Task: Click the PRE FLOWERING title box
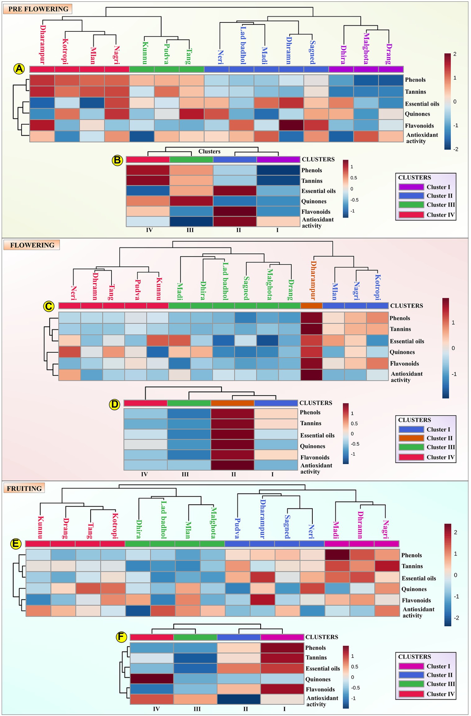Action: point(38,9)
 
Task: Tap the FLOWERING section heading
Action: point(32,245)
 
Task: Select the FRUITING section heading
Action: point(24,488)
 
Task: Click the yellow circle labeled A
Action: point(19,69)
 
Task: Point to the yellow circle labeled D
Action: point(115,404)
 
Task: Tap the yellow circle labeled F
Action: point(121,637)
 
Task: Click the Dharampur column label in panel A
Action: point(43,44)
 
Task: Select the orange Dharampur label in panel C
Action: point(313,280)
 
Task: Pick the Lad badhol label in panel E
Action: point(163,520)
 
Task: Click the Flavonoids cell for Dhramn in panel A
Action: point(291,125)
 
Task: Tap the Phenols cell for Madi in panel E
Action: point(337,555)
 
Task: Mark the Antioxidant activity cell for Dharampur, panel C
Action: point(311,375)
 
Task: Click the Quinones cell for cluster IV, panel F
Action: point(152,678)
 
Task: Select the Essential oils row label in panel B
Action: point(318,191)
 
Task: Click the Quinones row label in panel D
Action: point(312,446)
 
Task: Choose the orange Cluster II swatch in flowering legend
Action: point(411,438)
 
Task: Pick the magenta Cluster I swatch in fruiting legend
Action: point(411,666)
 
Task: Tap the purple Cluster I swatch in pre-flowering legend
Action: point(411,187)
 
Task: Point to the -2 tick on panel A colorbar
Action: point(455,149)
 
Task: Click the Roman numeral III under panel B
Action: point(190,230)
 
